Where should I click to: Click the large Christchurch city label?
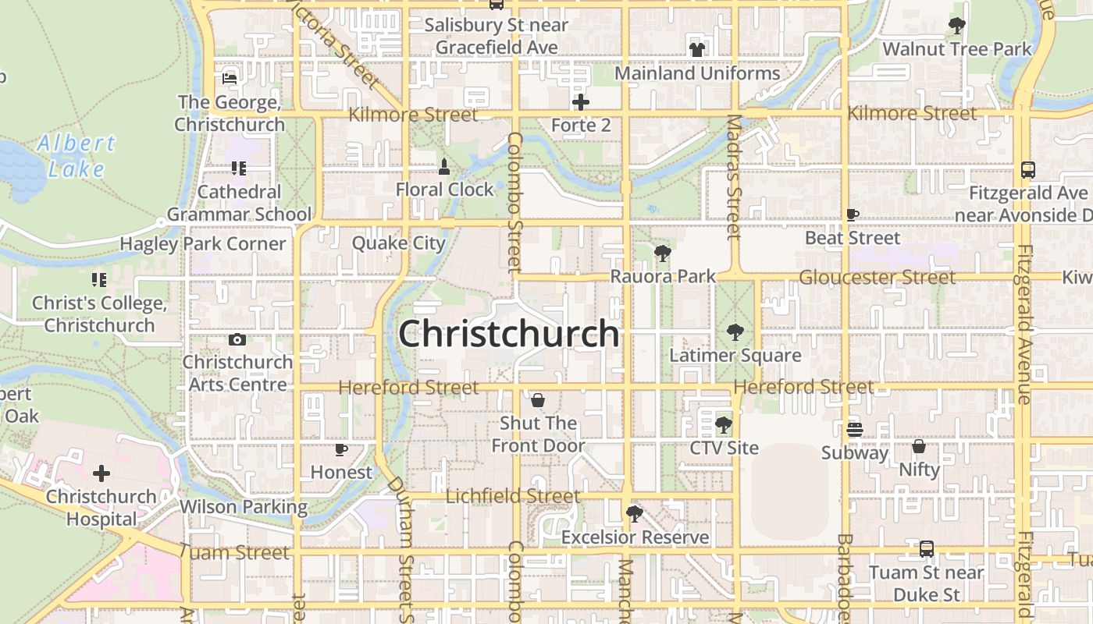[x=509, y=334]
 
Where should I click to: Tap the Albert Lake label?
[x=77, y=156]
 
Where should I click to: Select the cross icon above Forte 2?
[x=581, y=102]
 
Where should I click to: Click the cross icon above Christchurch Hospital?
[x=101, y=473]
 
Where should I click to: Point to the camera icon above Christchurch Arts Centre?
[x=237, y=339]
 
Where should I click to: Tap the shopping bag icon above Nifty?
[x=919, y=447]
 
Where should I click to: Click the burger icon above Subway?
[x=855, y=429]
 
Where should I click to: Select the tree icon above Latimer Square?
[x=735, y=332]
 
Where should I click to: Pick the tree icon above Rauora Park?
[x=662, y=253]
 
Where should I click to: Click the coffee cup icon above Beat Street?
[x=853, y=214]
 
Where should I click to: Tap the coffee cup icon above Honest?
[x=341, y=449]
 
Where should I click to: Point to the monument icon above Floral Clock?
[x=444, y=166]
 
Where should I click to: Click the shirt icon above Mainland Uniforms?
[x=697, y=50]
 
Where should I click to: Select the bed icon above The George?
[x=230, y=79]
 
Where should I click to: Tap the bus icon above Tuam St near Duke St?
[x=926, y=549]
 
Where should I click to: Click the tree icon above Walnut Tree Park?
[x=956, y=26]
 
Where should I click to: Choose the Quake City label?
[x=398, y=243]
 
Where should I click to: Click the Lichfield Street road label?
[x=513, y=496]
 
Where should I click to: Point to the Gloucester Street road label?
[x=877, y=277]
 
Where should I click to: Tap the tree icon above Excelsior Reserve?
[x=635, y=513]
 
